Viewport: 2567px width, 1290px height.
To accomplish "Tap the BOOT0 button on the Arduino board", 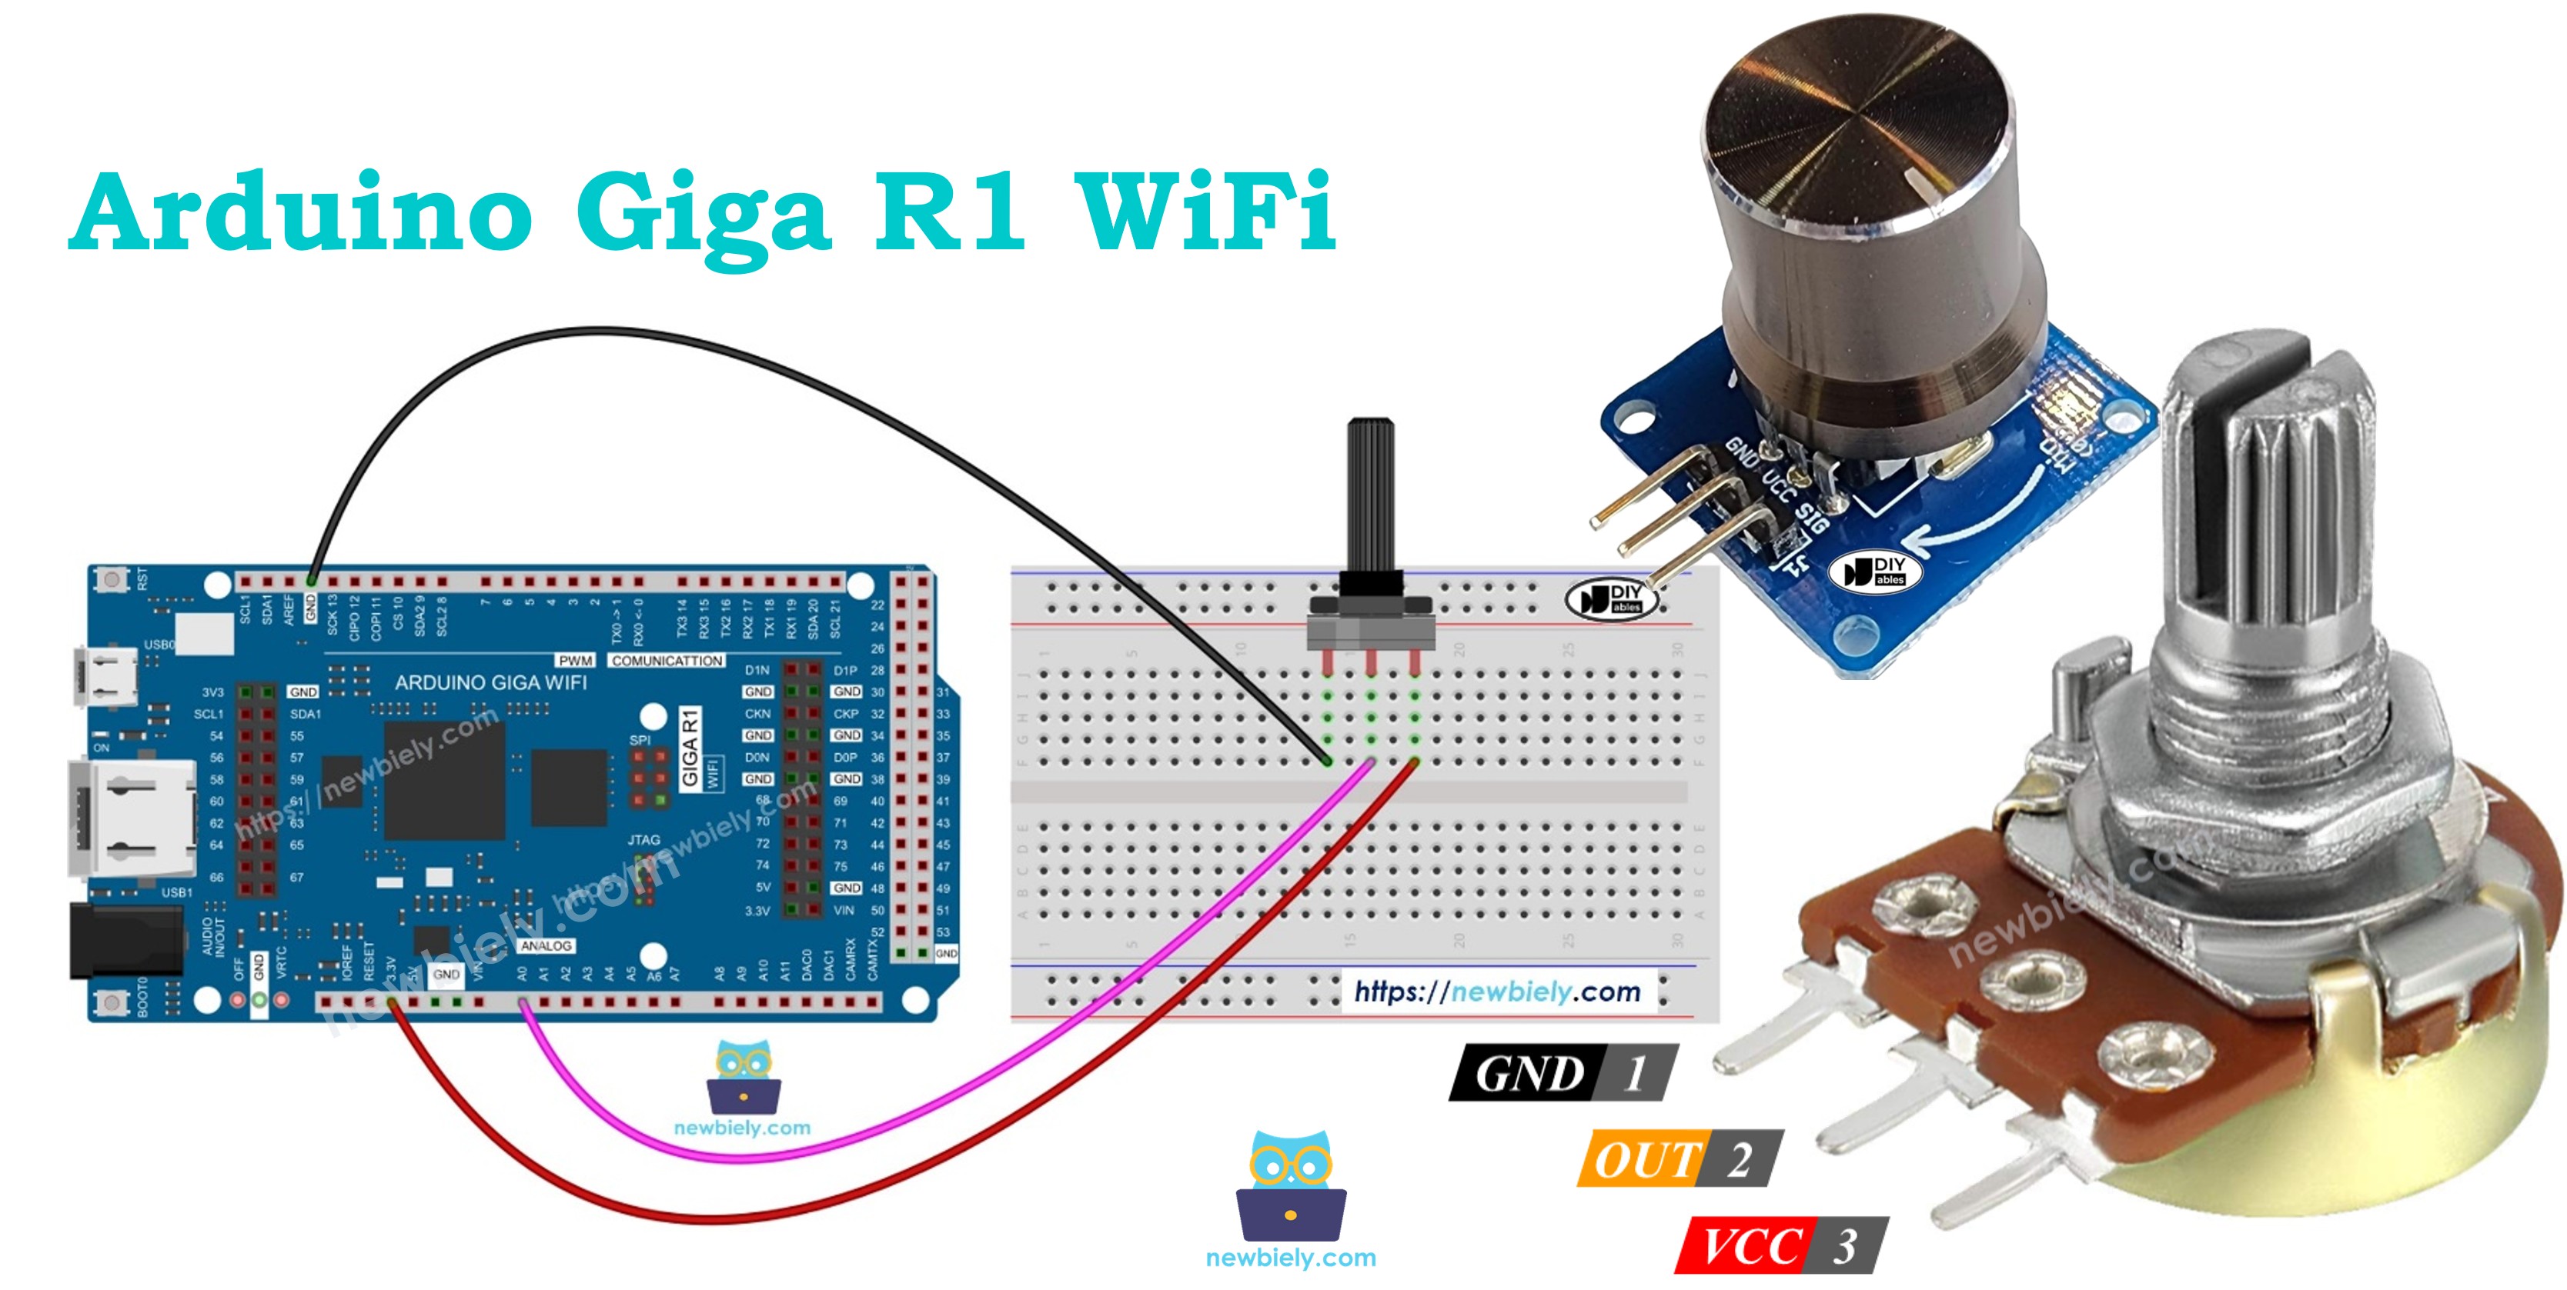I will click(x=112, y=999).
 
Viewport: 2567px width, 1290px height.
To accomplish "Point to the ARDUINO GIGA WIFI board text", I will click(x=490, y=682).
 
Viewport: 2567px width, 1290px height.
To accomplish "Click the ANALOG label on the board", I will click(x=546, y=945).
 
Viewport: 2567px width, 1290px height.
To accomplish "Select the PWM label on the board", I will click(x=575, y=661).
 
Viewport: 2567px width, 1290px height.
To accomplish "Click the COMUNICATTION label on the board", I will click(x=667, y=661).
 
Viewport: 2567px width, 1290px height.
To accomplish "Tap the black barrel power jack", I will click(x=125, y=940).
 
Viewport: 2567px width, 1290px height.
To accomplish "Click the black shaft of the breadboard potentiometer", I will click(x=1370, y=498).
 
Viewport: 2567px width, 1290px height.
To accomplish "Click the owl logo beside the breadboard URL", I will click(x=1291, y=1185).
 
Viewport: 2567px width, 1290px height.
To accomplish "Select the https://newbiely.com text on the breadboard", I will click(x=1497, y=992).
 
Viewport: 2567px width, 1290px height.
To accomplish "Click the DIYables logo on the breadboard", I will click(x=1610, y=598).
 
